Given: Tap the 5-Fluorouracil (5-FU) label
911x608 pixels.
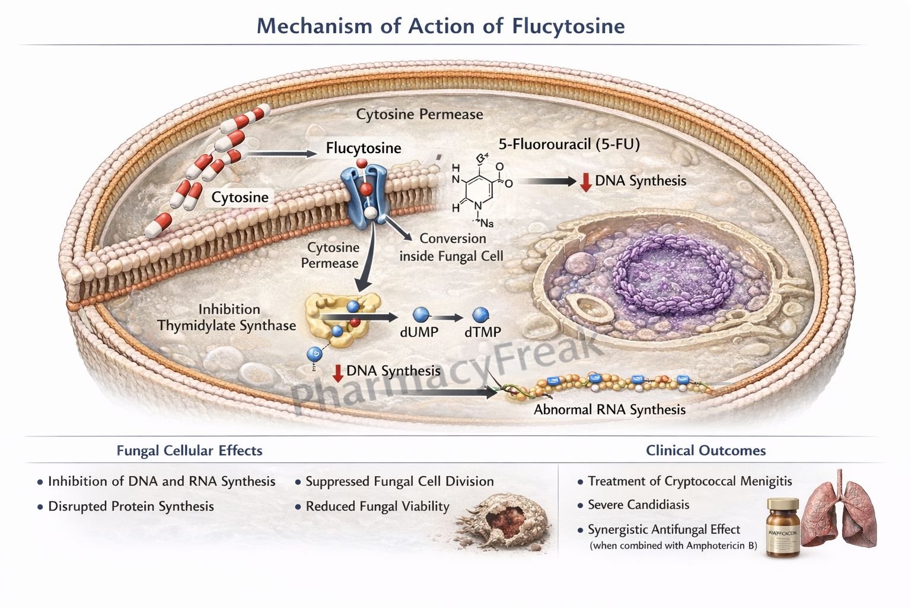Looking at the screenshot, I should pos(569,144).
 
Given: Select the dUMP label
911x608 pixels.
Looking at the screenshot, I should pos(419,332).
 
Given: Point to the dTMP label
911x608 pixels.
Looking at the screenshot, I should pos(482,332).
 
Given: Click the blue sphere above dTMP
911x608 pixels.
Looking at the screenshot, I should pos(480,315).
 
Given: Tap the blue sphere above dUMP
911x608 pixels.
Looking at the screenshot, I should pos(420,315).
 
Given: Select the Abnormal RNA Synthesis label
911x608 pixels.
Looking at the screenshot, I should pos(609,410).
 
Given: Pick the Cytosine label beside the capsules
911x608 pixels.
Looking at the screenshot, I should pos(240,197).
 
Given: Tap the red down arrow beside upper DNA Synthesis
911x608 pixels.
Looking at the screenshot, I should pos(585,182).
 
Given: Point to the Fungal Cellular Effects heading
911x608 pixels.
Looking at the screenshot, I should pos(189,451).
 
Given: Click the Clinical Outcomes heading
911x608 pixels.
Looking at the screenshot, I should pos(705,451).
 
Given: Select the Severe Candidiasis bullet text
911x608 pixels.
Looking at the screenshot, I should pos(638,505).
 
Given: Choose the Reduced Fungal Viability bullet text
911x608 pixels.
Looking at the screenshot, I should pos(377,506).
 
